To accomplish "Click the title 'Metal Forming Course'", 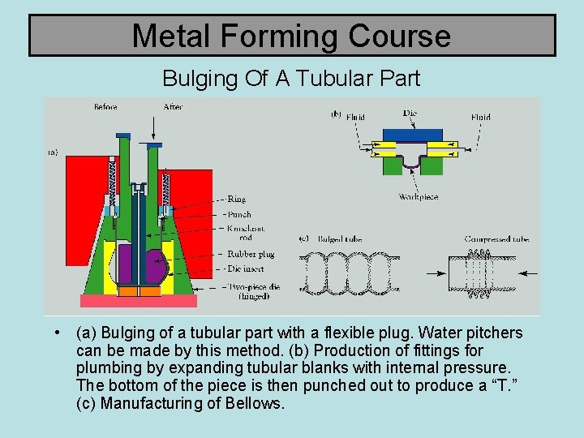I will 291,36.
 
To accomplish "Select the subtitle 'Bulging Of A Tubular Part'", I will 291,79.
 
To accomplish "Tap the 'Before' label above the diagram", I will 105,106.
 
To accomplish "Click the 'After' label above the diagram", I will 172,106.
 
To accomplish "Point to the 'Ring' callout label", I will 237,199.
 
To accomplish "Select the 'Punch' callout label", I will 240,215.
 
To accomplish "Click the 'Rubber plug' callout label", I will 251,254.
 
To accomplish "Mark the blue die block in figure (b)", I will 412,133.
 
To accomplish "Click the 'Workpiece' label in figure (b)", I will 419,197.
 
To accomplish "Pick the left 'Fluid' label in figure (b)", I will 355,117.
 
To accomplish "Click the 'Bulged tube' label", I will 341,239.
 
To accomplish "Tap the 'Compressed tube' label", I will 496,239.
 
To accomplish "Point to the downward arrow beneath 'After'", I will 152,130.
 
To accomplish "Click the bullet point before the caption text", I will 54,333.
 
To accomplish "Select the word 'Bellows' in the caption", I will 255,403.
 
